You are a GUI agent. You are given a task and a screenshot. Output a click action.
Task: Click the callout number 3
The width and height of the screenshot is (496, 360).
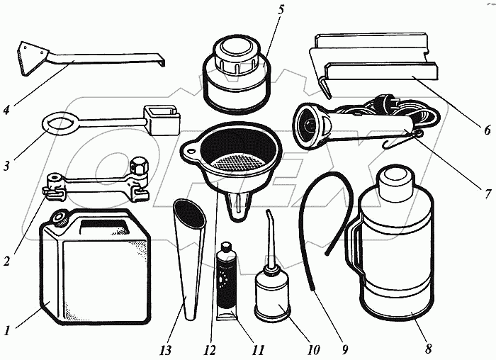pos(8,167)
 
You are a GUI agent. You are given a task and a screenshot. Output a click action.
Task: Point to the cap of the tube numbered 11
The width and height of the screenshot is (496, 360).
pos(227,248)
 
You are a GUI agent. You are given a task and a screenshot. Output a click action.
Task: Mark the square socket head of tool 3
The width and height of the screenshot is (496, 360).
pos(159,120)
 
